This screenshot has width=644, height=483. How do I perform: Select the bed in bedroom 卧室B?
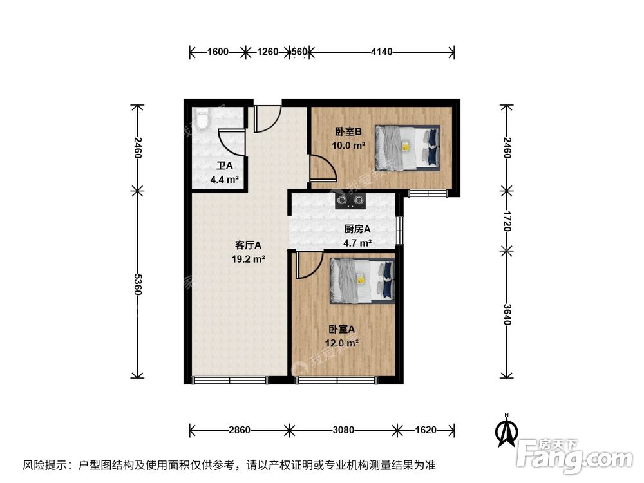(x=407, y=147)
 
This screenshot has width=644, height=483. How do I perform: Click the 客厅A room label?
(x=248, y=245)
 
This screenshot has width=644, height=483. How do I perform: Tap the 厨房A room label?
(x=357, y=229)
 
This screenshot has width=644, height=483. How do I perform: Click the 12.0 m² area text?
(x=343, y=343)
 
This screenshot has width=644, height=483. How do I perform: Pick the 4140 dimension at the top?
(x=382, y=52)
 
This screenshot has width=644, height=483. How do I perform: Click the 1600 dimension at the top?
(x=218, y=52)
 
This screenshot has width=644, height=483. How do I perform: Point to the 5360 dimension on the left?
(x=137, y=284)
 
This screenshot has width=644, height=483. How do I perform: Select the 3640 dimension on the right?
(x=507, y=314)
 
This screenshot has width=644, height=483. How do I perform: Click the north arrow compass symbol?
(x=507, y=430)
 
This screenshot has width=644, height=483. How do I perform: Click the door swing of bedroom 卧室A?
(x=308, y=265)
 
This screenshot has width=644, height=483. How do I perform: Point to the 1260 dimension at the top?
(x=267, y=52)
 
